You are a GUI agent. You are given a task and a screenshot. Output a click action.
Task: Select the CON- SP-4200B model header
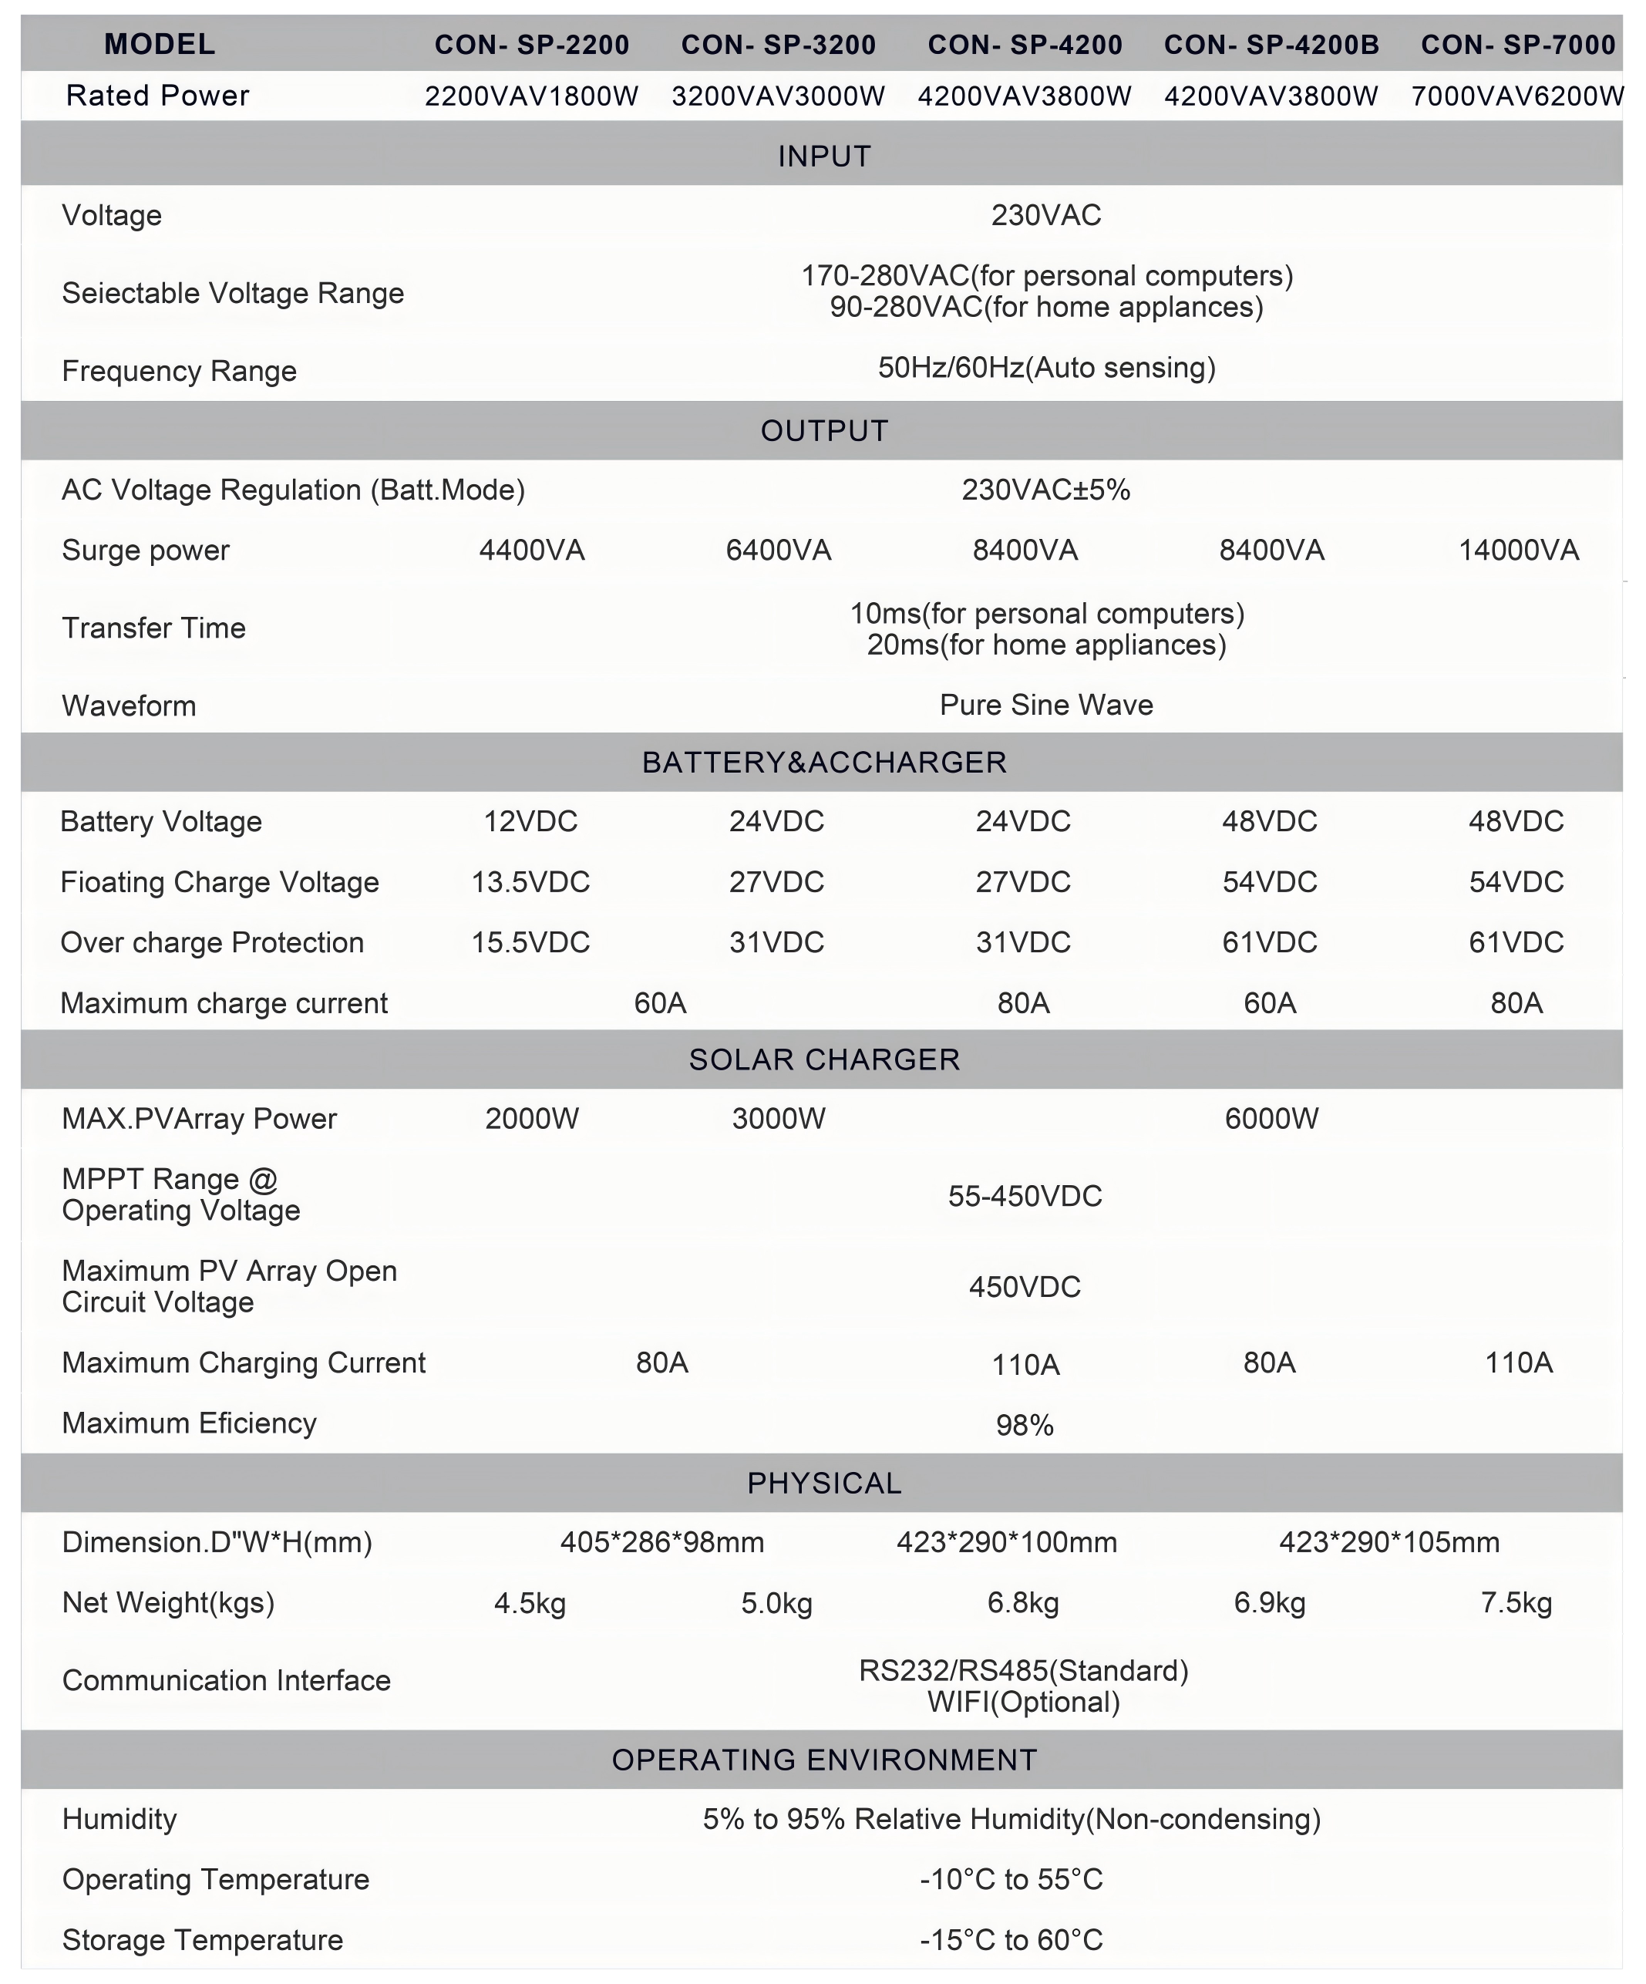[x=1271, y=45]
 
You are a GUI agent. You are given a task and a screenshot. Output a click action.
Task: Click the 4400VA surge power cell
[x=532, y=551]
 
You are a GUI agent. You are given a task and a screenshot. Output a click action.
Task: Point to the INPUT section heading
[x=824, y=156]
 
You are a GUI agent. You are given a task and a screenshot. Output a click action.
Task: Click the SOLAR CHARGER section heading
[x=824, y=1059]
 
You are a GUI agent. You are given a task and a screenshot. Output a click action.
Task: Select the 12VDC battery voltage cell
[x=530, y=821]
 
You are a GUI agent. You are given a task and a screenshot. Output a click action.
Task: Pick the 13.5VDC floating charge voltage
[x=530, y=881]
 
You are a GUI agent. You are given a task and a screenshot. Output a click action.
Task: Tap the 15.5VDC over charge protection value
[x=530, y=942]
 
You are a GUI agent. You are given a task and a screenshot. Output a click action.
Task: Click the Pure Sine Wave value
[x=1046, y=705]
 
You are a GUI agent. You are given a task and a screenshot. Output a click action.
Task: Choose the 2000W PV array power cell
[x=532, y=1119]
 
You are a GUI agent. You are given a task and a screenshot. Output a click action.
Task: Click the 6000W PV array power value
[x=1271, y=1119]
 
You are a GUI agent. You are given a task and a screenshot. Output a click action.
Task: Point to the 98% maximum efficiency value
[x=1025, y=1425]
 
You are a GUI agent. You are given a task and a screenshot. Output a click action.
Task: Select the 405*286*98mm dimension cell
[x=662, y=1543]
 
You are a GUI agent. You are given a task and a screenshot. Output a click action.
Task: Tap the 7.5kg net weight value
[x=1516, y=1603]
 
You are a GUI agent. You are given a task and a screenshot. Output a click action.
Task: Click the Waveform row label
[x=130, y=706]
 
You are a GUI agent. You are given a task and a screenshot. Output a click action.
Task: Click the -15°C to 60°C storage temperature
[x=1011, y=1939]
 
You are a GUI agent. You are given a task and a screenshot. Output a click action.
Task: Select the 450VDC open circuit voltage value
[x=1025, y=1287]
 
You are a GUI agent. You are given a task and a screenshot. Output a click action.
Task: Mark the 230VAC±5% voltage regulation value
[x=1046, y=490]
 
